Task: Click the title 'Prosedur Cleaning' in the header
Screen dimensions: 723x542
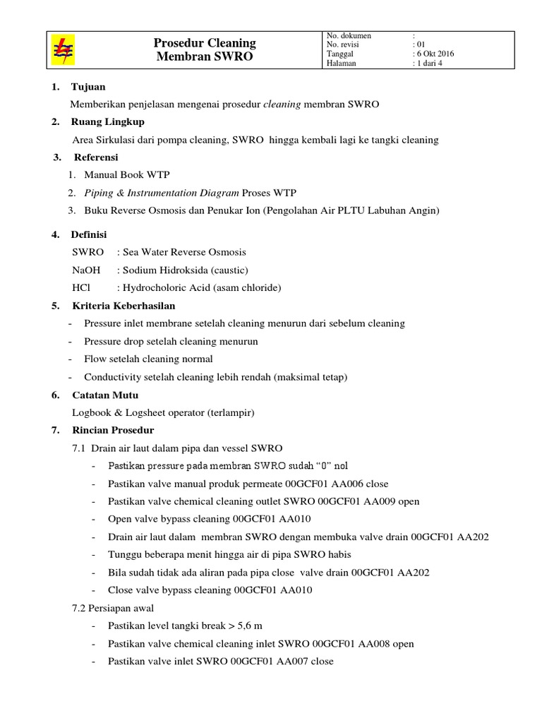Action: coord(205,43)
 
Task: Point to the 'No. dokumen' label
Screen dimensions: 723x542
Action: coord(349,35)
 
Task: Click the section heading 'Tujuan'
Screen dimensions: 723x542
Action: coord(88,87)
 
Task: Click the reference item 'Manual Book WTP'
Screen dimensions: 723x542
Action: coord(127,174)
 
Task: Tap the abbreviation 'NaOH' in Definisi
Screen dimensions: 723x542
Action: coord(87,270)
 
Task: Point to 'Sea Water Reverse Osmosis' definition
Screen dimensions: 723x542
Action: coord(186,252)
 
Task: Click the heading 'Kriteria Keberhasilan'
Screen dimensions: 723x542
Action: coord(124,306)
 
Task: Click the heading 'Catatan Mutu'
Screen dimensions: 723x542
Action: coord(104,395)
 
